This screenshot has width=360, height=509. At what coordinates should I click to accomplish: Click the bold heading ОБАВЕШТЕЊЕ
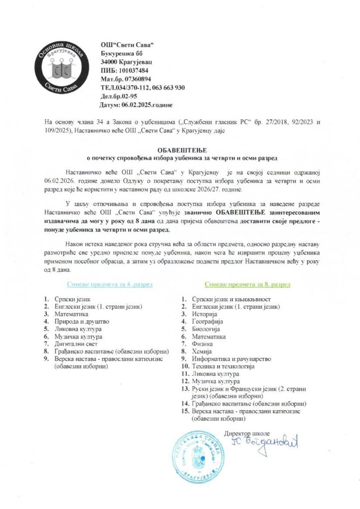point(180,150)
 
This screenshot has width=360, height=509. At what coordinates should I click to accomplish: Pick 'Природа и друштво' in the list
point(82,321)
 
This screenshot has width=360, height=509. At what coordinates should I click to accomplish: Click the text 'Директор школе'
point(247,426)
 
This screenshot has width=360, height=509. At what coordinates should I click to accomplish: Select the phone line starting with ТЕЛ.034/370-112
point(142,87)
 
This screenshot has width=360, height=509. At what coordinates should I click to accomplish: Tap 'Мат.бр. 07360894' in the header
point(126,79)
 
